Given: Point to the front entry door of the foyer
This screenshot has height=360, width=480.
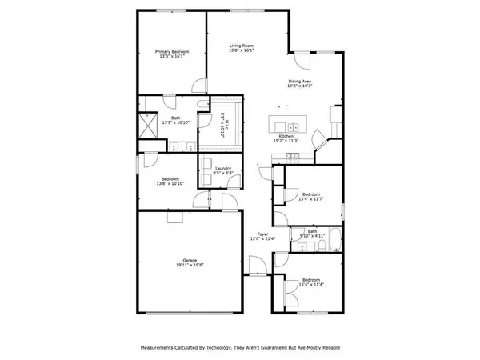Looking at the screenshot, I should pos(256,269).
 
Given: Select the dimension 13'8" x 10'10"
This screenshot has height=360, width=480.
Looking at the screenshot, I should pos(170,184).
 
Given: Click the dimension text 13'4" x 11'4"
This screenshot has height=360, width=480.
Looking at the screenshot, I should pos(310,286).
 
